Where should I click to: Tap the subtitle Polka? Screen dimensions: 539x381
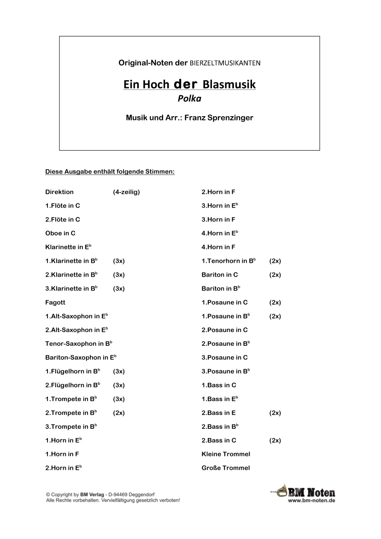coord(189,98)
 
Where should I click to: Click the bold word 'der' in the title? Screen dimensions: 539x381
coord(186,84)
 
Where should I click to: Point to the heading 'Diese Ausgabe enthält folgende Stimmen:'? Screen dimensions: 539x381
coord(110,172)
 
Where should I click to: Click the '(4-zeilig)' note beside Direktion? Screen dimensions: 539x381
coord(126,192)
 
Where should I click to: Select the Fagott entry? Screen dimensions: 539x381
coord(55,302)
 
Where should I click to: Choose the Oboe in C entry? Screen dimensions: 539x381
coord(60,233)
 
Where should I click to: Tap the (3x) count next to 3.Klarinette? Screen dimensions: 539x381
coord(119,289)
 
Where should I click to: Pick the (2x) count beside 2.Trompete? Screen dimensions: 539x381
coord(119,413)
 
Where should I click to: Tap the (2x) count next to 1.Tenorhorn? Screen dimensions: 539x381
coord(275,261)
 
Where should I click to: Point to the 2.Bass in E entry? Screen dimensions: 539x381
coord(218,413)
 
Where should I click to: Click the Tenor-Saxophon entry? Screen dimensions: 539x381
coord(79,344)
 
